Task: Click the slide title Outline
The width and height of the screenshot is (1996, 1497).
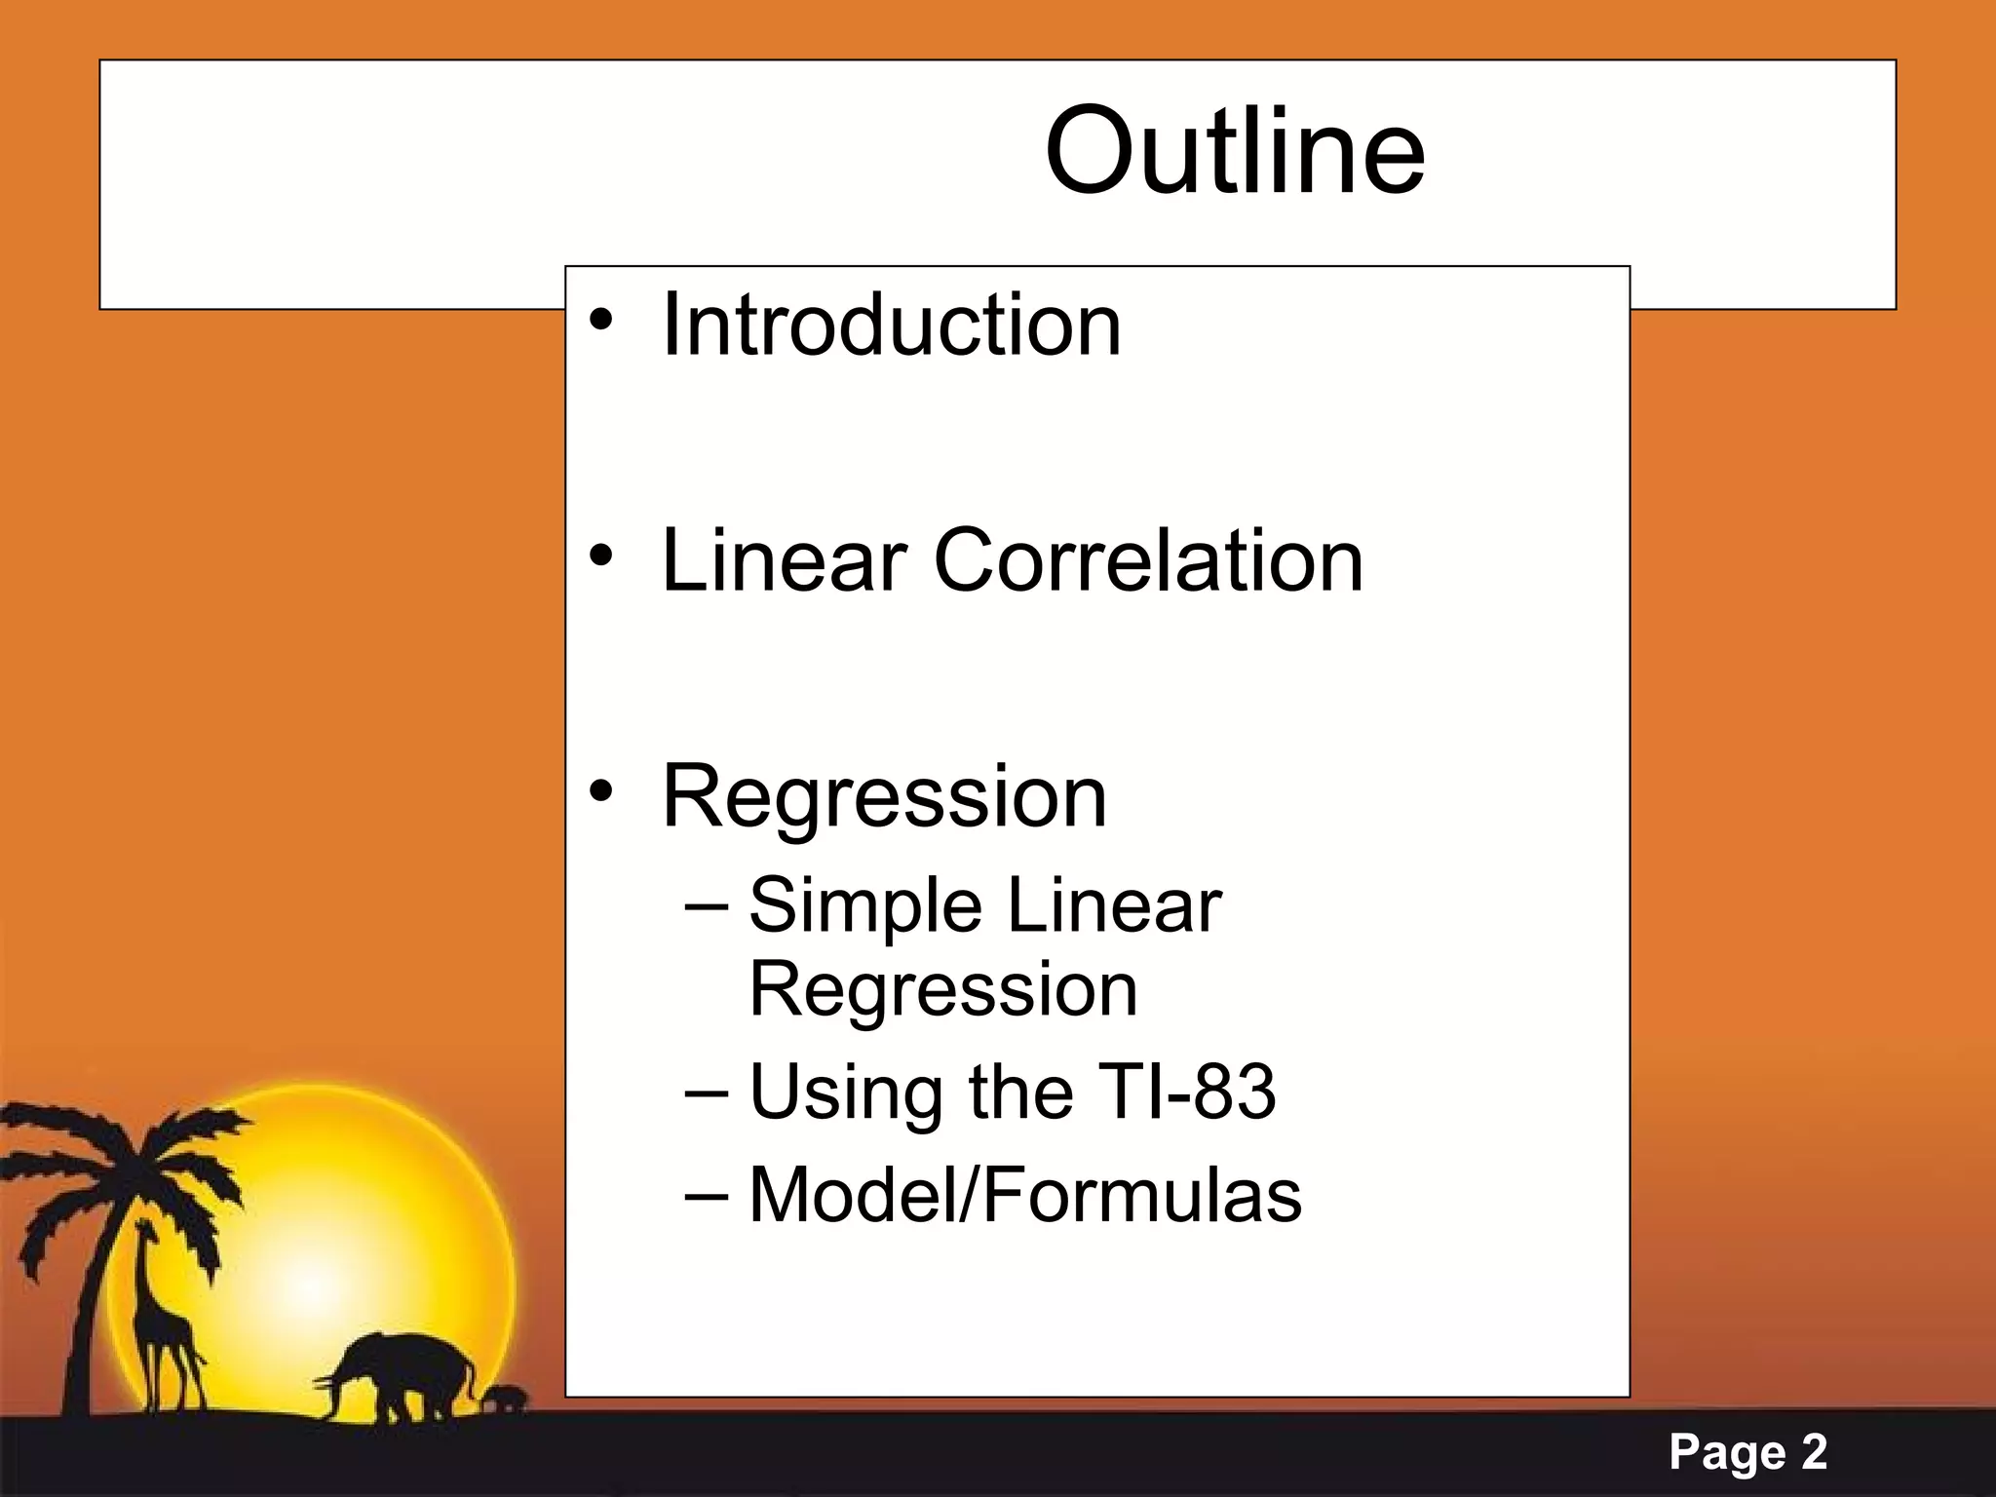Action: (1234, 152)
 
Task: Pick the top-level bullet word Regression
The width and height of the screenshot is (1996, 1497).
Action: (884, 797)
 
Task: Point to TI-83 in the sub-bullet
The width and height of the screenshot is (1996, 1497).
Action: (1186, 1092)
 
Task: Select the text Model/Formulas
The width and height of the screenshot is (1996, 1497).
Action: (1024, 1196)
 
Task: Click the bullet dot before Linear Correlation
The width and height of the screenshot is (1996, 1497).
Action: (601, 556)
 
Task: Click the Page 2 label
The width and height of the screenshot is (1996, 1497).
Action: (1747, 1452)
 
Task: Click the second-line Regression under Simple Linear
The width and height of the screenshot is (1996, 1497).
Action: (942, 990)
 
